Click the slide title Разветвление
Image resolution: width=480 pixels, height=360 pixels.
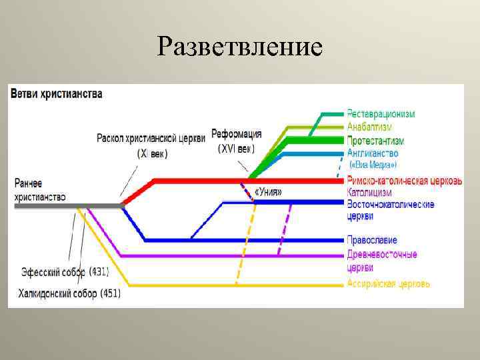[240, 46]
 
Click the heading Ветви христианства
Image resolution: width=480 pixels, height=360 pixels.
[56, 94]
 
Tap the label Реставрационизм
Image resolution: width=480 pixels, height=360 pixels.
[380, 114]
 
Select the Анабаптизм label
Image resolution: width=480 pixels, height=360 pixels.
[369, 127]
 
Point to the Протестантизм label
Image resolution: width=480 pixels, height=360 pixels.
[375, 141]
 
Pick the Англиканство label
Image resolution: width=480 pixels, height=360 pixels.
[373, 153]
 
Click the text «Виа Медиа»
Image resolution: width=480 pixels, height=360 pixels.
[373, 165]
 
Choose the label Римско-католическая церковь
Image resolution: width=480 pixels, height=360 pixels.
[404, 181]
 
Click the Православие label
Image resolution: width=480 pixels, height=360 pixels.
[372, 240]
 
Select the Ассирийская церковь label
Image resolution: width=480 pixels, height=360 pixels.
[388, 284]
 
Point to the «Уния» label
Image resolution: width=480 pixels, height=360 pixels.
[268, 192]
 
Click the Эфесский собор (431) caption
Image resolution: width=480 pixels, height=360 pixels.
[65, 272]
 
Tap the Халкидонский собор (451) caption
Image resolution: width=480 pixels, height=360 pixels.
[69, 293]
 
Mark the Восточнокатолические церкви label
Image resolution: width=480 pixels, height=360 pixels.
[390, 210]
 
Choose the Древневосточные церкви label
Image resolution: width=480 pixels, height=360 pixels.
[381, 261]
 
